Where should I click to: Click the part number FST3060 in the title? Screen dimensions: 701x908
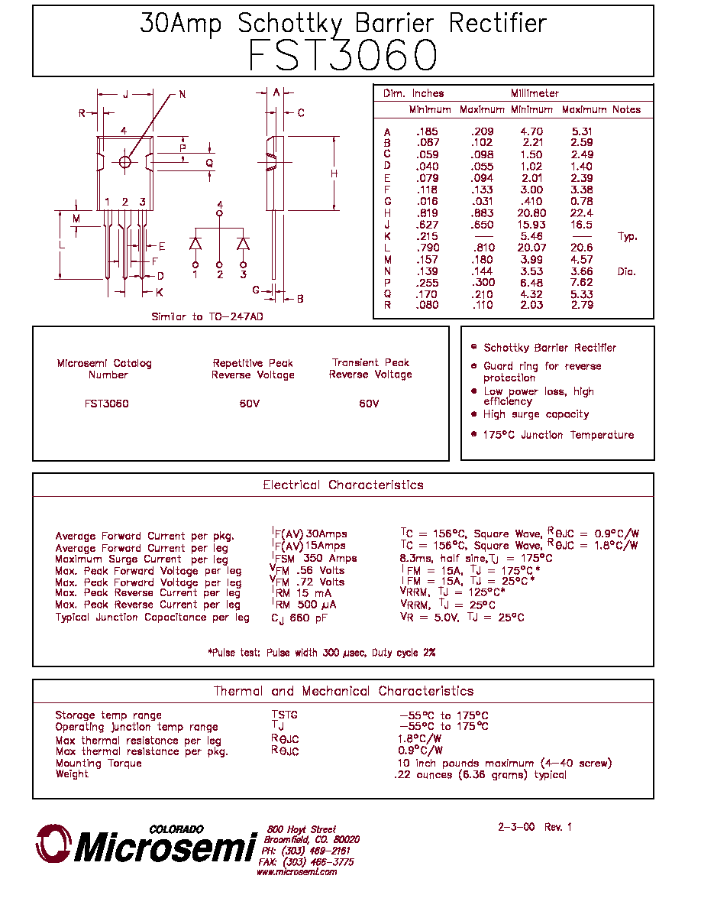[342, 56]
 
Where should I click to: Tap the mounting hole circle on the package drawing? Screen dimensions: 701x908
[125, 162]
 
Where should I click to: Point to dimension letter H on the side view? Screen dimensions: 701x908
[334, 173]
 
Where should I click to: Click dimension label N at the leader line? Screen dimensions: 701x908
[183, 94]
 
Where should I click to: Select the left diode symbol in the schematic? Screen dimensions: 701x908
[195, 244]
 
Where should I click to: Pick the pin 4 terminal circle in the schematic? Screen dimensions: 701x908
[219, 213]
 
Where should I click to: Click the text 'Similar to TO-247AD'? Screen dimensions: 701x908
[207, 316]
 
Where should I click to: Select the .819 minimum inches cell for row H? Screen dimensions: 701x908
[427, 213]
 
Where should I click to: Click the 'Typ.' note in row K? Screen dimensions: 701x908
[627, 236]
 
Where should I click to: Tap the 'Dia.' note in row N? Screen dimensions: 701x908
[626, 271]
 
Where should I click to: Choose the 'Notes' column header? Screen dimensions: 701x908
[626, 109]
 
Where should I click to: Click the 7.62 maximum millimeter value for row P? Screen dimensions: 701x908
[582, 283]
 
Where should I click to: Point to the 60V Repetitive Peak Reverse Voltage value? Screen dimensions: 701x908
[250, 404]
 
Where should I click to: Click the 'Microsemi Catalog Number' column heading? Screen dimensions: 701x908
[105, 369]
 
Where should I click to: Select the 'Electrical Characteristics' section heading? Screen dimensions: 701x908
[343, 485]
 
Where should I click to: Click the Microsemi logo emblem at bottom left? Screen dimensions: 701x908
[53, 843]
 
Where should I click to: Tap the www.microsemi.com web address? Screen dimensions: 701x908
[297, 872]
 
